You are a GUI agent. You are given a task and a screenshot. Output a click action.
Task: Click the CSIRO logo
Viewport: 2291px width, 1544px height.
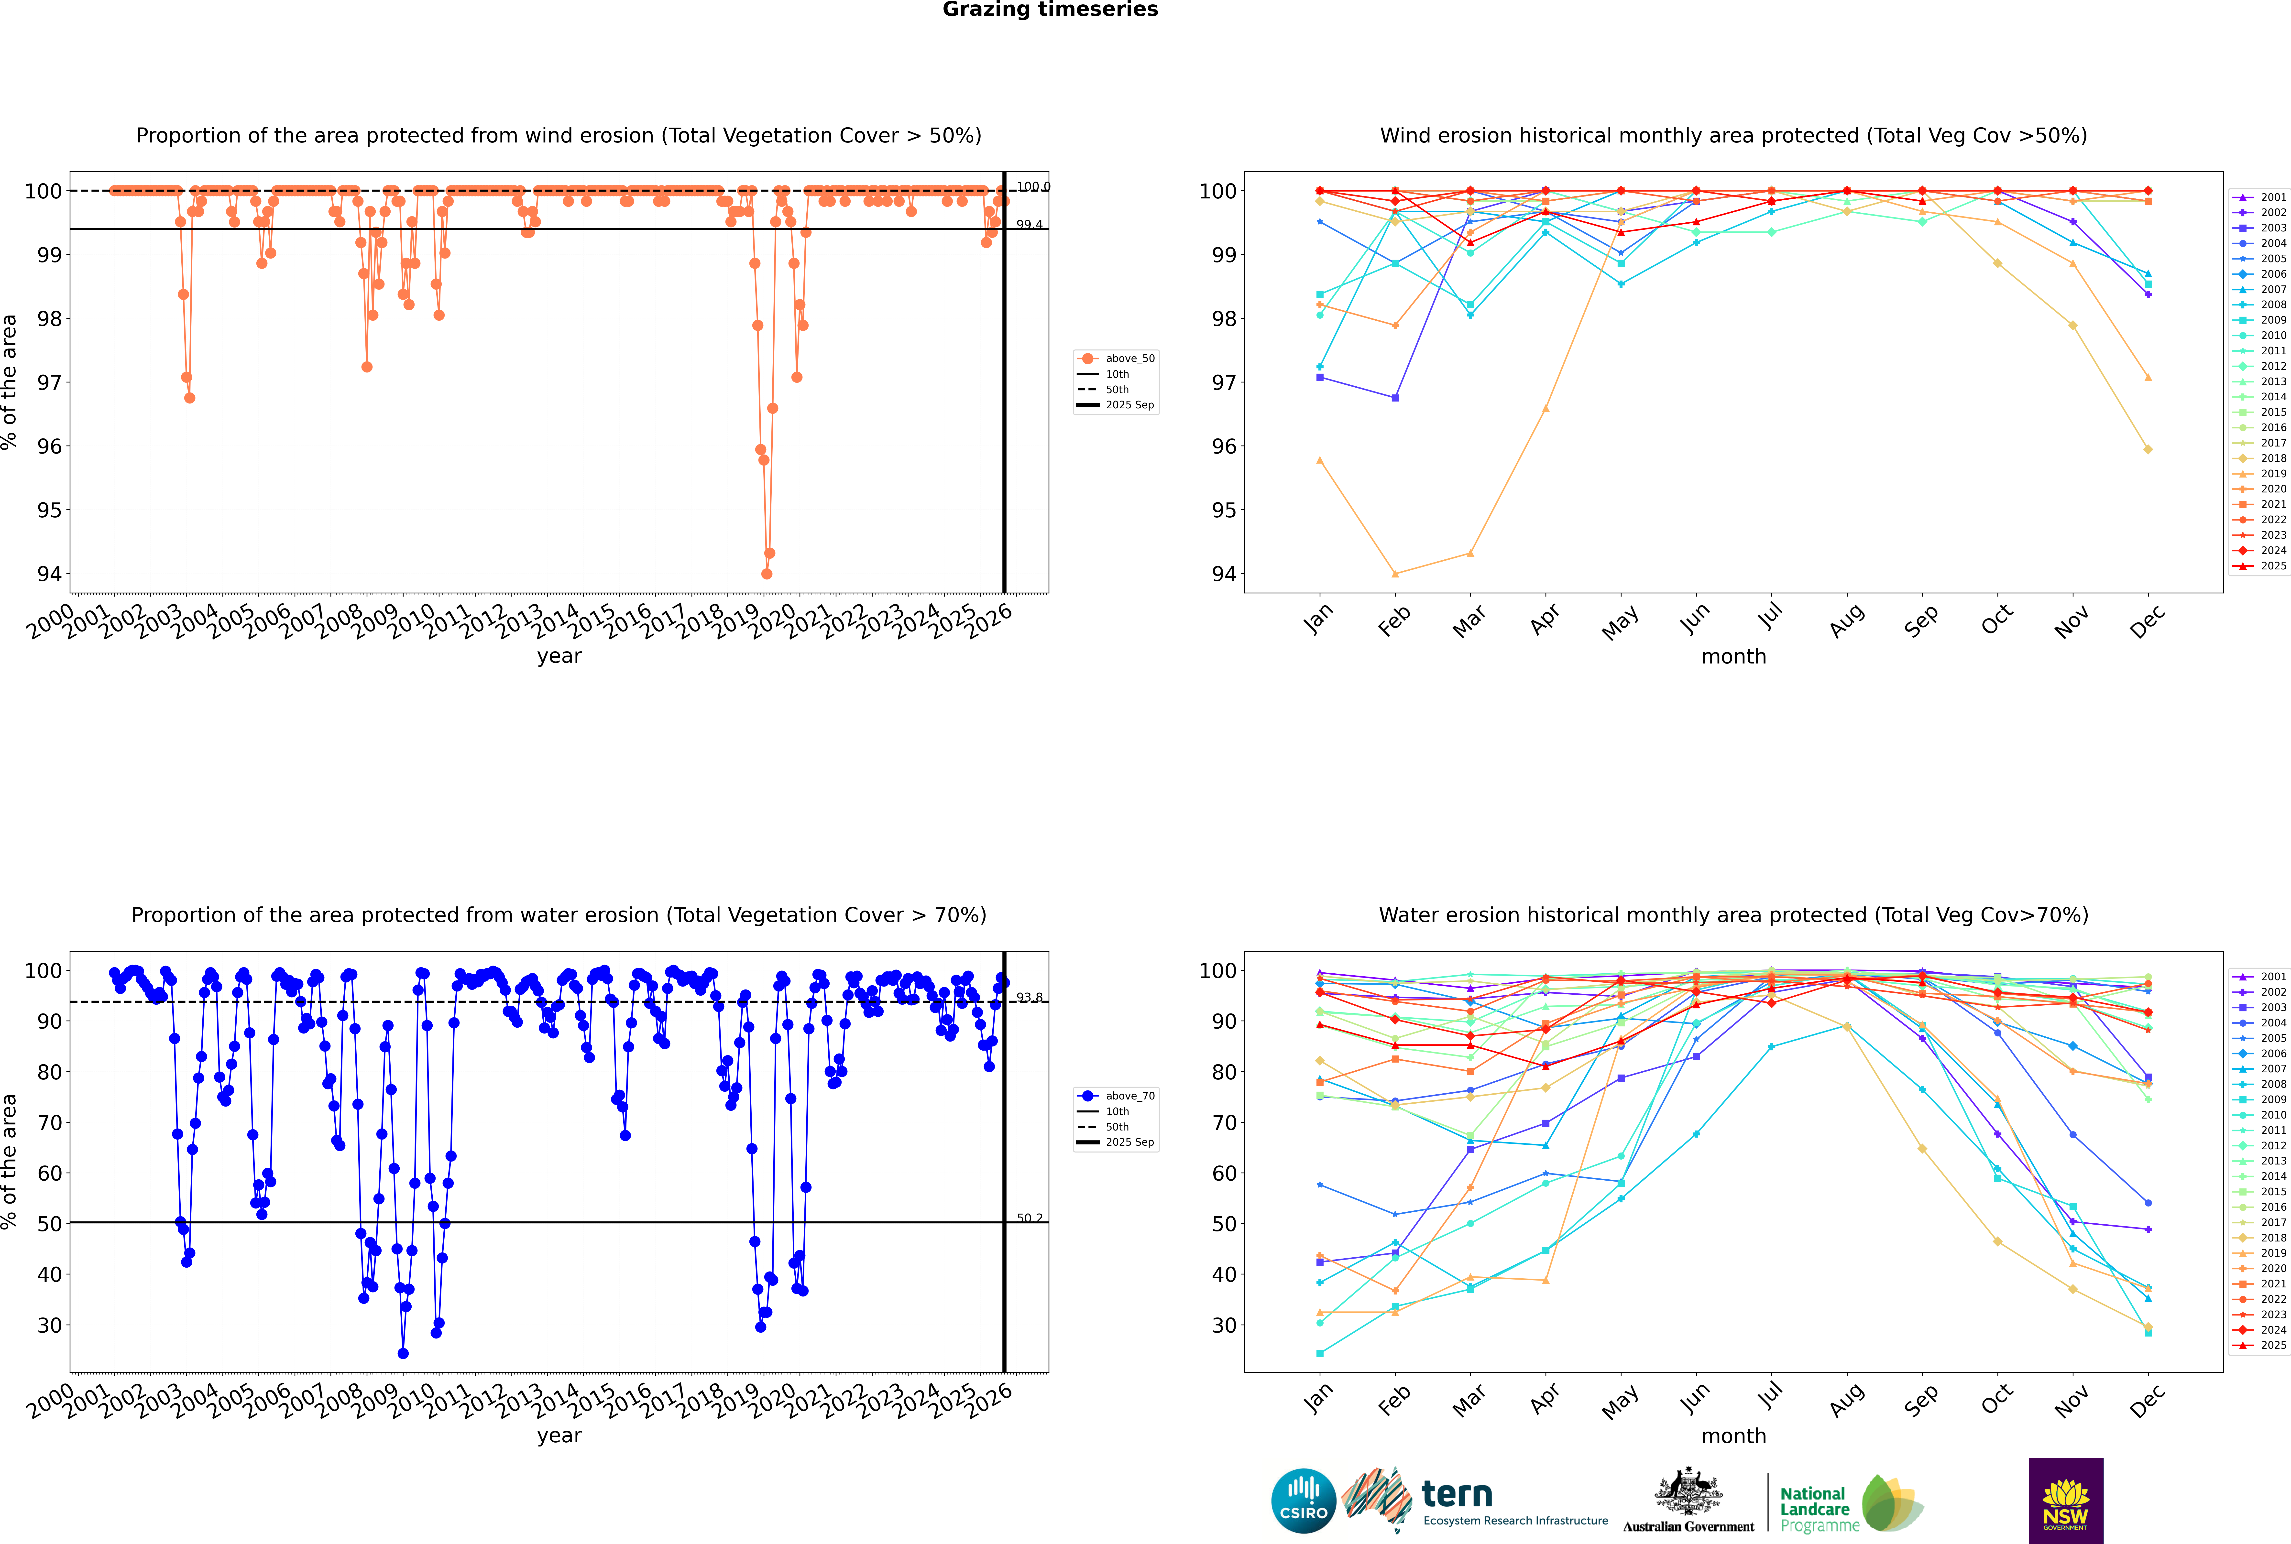coord(1303,1501)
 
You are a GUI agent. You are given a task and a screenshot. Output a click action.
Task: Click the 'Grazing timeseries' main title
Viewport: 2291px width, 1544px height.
coord(1050,10)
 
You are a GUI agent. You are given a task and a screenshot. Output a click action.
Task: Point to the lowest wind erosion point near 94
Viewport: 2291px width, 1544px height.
coord(766,573)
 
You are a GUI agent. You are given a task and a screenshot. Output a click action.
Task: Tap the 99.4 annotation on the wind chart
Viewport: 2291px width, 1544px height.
coord(1029,225)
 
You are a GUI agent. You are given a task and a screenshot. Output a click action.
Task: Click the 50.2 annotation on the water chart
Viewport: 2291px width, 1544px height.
coord(1029,1218)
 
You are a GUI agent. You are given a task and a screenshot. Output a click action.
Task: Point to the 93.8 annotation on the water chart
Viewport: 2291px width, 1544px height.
coord(1029,998)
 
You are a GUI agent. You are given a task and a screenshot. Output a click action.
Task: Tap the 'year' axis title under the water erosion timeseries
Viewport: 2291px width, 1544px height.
coord(559,1436)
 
